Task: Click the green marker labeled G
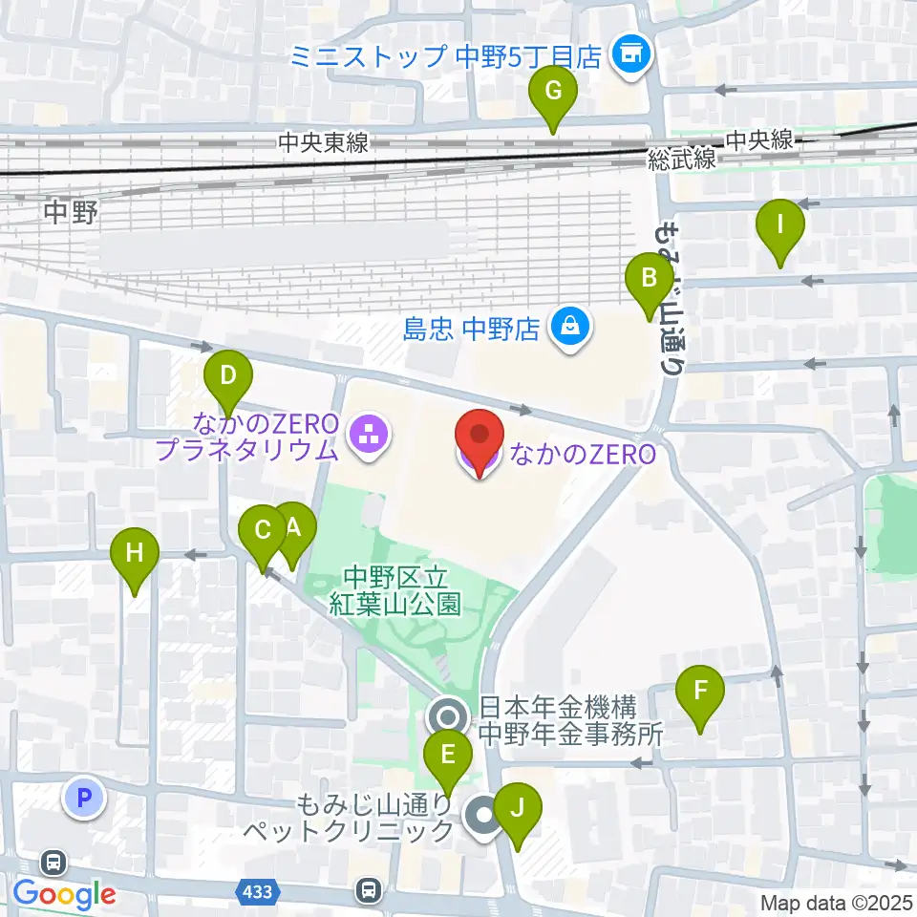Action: pos(553,94)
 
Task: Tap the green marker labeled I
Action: pos(779,227)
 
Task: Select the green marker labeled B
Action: pos(649,281)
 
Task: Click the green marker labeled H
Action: pos(135,554)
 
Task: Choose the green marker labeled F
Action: pos(700,690)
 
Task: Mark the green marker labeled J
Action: pos(518,810)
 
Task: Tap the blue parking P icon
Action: pos(83,798)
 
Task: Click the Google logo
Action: pos(64,895)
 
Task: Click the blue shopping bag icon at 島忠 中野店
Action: pos(570,329)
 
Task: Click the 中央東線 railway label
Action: pos(324,143)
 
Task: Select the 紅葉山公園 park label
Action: pos(395,590)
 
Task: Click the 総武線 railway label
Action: pos(681,160)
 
